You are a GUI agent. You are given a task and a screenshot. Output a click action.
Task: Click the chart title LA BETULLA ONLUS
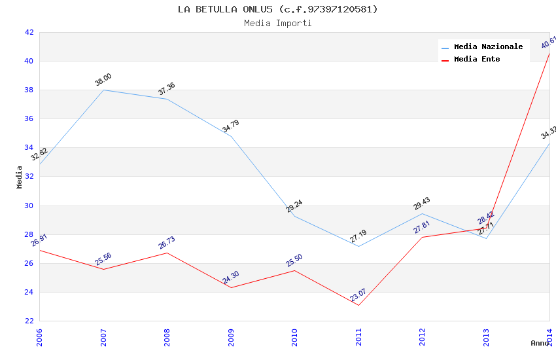[x=277, y=9]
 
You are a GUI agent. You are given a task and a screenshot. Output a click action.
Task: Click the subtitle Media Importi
[x=277, y=24]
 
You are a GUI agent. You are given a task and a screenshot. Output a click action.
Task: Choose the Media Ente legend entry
[x=477, y=60]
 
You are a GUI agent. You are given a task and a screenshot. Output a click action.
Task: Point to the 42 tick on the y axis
[x=29, y=32]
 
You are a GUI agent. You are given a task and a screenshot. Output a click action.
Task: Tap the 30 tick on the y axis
[x=29, y=206]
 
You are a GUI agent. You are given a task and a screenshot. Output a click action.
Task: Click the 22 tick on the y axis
[x=29, y=321]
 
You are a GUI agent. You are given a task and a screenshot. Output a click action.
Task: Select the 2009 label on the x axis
[x=231, y=336]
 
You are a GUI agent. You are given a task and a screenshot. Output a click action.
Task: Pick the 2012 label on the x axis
[x=423, y=336]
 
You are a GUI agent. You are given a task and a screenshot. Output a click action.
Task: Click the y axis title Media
[x=20, y=177]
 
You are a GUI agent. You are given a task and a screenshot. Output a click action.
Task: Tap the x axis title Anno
[x=540, y=343]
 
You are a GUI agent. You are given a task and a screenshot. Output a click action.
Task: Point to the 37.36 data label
[x=166, y=89]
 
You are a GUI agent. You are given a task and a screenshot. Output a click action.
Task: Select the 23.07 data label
[x=358, y=295]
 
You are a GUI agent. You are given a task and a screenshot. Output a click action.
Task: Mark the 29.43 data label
[x=421, y=204]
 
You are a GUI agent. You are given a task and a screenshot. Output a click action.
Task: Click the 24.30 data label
[x=230, y=278]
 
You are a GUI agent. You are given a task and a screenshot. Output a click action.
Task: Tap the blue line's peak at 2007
[x=103, y=90]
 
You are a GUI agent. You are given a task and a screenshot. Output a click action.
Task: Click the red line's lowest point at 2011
[x=358, y=305]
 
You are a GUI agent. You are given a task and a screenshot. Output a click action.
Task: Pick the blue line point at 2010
[x=294, y=216]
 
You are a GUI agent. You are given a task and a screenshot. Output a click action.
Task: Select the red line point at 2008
[x=167, y=253]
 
